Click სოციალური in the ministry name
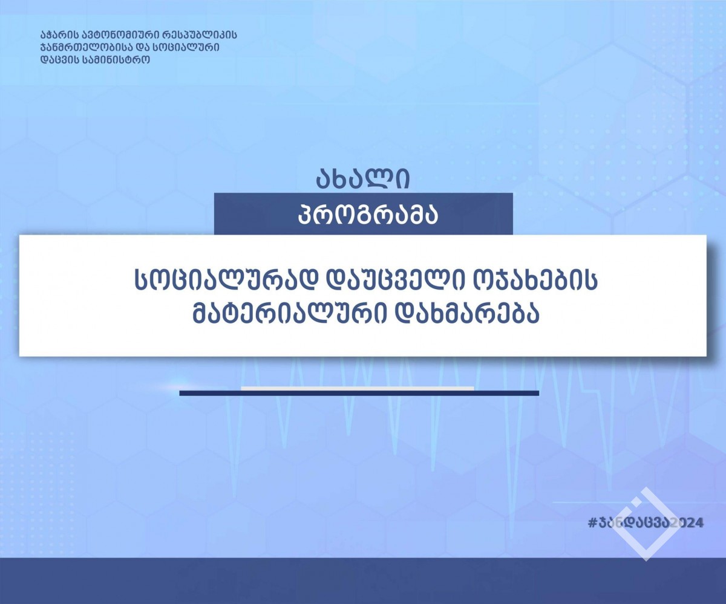pos(186,47)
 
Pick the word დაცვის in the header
pos(57,59)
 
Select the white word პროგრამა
pos(368,215)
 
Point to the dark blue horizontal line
pos(359,393)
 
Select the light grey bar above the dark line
pos(358,388)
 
